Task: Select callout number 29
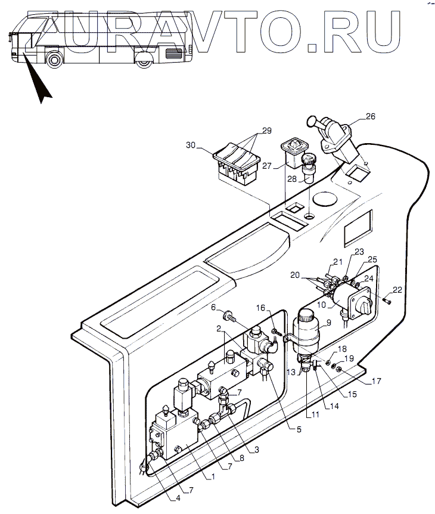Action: coord(266,130)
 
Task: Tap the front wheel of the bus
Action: coord(54,58)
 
